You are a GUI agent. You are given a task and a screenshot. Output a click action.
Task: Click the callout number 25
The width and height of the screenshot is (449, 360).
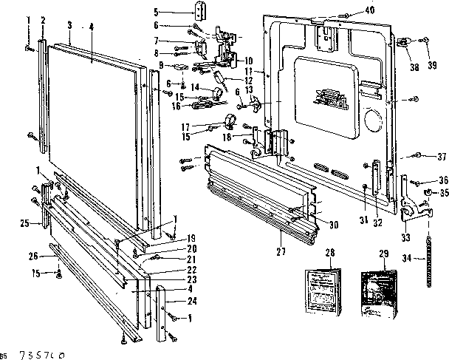(24, 223)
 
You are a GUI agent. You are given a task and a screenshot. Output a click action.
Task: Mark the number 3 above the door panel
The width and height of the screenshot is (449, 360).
(68, 24)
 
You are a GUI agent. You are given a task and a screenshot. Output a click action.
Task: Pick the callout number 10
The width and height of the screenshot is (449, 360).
(248, 60)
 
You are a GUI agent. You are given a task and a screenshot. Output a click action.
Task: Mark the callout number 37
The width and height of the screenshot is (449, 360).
(442, 156)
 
